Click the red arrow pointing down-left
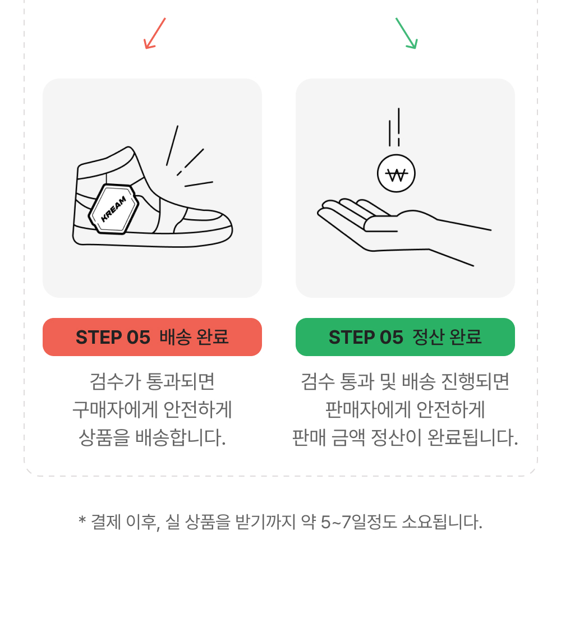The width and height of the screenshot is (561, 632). coord(155,34)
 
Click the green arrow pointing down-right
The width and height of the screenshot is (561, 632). coord(407,34)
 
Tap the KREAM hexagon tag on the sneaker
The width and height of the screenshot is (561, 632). coord(114,209)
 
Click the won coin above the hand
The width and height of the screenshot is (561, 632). coord(396,174)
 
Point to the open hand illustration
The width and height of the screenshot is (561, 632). coord(404,231)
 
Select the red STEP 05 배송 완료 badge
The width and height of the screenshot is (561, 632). coord(152,337)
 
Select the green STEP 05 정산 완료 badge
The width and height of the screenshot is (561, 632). coord(405,337)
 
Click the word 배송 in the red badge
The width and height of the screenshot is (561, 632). coord(176,337)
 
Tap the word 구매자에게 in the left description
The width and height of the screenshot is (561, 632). coord(115,409)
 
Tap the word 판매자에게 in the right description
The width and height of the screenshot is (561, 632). coord(368,409)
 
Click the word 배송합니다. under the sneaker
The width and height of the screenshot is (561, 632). coord(180,438)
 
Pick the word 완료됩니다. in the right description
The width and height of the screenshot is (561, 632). coord(473,438)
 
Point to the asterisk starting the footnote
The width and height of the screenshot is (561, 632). coord(82,520)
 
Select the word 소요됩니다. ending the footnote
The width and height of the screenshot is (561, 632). coord(442,523)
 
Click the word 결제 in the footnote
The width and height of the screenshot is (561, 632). coord(106,523)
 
